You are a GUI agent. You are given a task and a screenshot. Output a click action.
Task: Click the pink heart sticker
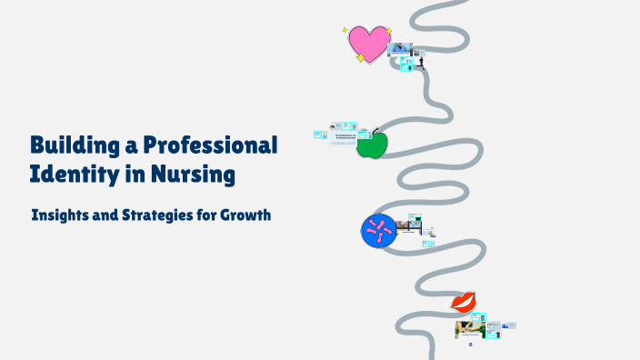point(367,42)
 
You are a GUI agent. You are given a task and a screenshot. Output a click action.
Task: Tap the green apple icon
point(372,144)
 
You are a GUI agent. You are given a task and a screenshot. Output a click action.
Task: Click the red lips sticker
point(465,302)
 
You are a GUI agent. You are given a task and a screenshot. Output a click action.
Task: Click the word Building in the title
point(75,145)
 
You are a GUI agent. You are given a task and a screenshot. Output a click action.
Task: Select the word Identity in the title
point(72,174)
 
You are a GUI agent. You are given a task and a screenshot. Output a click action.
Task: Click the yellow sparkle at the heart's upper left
point(345,30)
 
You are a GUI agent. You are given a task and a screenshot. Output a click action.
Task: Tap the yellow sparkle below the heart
point(361,58)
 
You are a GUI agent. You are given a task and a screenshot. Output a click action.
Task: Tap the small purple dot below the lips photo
point(470,345)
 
